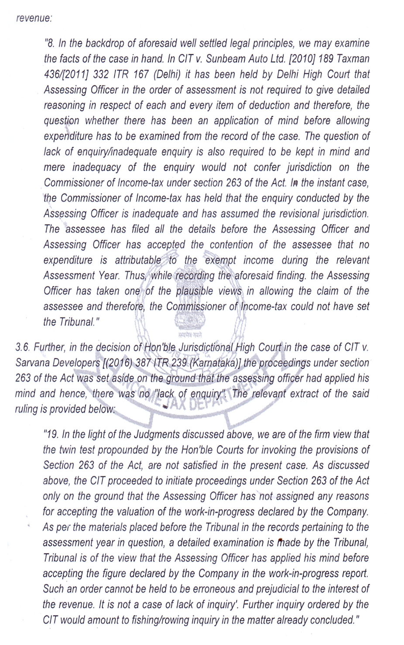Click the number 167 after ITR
pyautogui.click(x=141, y=75)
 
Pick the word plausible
pyautogui.click(x=209, y=291)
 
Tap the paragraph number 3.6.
pyautogui.click(x=22, y=348)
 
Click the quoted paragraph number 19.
pyautogui.click(x=52, y=435)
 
